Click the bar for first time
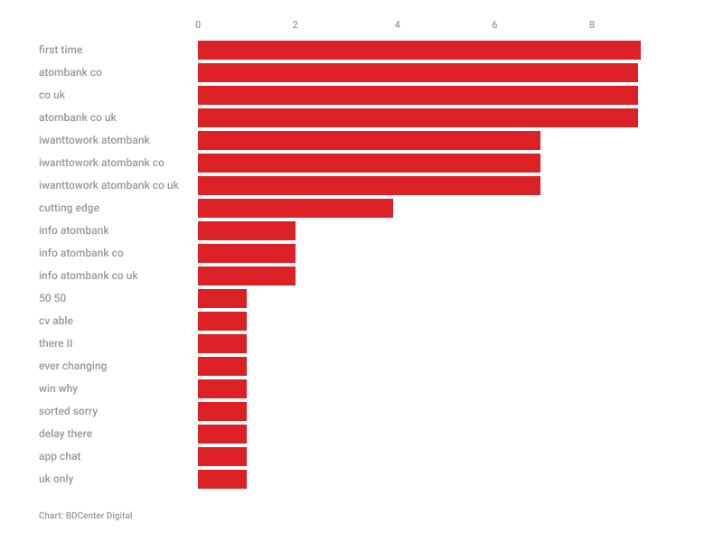[x=418, y=50]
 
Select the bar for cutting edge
[x=296, y=208]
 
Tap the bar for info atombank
[x=247, y=230]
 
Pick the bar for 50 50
[x=222, y=298]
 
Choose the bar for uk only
[x=222, y=479]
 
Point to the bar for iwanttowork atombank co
[x=369, y=163]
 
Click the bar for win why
[x=222, y=388]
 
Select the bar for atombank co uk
[x=418, y=117]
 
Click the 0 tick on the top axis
[x=198, y=24]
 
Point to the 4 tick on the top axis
[x=398, y=24]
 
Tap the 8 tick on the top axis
[x=592, y=24]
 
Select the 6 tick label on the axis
[x=494, y=24]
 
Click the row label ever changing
[x=72, y=366]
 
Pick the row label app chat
[x=60, y=456]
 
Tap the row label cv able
[x=56, y=321]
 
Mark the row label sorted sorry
[x=68, y=411]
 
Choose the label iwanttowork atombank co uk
[x=108, y=185]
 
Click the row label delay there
[x=65, y=434]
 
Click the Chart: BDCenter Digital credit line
[x=85, y=516]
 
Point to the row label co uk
[x=52, y=95]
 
